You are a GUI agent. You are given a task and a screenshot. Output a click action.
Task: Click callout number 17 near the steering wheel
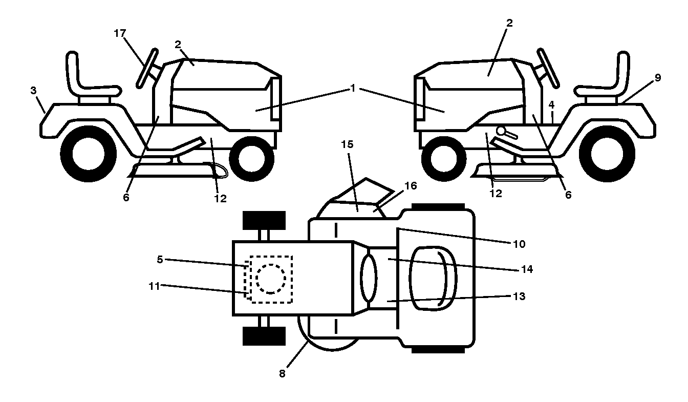(x=120, y=33)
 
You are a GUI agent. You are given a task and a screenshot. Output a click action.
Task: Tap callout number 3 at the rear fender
(x=33, y=90)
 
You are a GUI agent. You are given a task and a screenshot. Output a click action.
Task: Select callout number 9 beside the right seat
(x=658, y=78)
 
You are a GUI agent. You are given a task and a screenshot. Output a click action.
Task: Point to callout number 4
(x=552, y=105)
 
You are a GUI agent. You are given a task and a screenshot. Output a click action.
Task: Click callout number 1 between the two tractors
(x=353, y=88)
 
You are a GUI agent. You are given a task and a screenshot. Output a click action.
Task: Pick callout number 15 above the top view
(x=348, y=144)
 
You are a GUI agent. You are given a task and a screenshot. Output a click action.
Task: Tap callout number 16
(x=411, y=185)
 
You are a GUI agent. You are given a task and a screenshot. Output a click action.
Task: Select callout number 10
(x=520, y=244)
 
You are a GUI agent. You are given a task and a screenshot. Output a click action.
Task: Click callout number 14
(x=527, y=269)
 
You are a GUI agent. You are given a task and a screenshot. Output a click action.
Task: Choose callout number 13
(x=520, y=297)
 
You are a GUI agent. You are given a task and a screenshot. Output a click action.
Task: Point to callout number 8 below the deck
(x=282, y=373)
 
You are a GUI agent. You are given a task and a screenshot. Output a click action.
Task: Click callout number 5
(x=160, y=260)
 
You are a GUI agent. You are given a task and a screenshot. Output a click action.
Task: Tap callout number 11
(x=154, y=286)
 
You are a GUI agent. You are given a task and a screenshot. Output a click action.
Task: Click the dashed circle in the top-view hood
(x=271, y=265)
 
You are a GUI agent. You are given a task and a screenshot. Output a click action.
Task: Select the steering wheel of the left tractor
(x=147, y=68)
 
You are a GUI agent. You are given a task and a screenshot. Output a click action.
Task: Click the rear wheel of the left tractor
(x=89, y=154)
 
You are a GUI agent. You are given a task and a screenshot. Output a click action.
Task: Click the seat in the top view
(x=433, y=279)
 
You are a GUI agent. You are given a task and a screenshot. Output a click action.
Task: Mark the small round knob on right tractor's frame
(x=502, y=131)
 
